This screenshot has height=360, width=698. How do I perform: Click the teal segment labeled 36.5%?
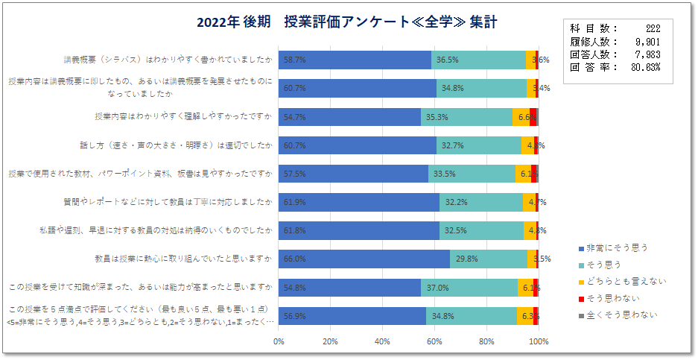click(x=478, y=60)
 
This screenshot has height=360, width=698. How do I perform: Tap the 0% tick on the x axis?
click(x=279, y=341)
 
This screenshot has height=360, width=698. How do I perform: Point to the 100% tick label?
click(x=538, y=341)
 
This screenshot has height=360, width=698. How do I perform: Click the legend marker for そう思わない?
click(x=582, y=298)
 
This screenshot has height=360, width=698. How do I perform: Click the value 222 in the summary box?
click(x=653, y=28)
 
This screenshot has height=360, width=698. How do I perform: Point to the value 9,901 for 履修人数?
click(x=645, y=41)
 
